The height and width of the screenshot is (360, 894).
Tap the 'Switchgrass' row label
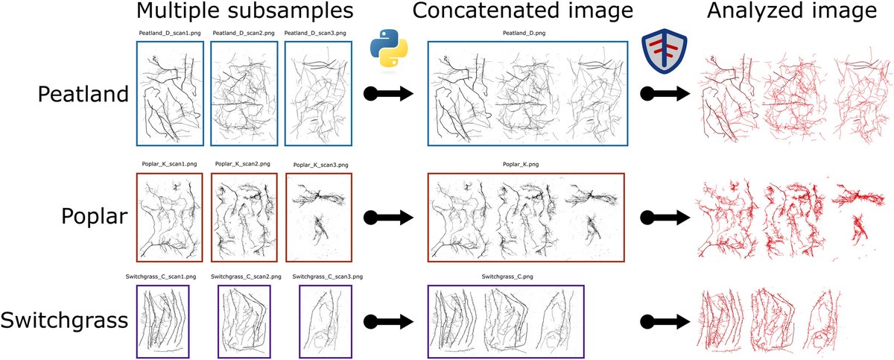pyautogui.click(x=63, y=320)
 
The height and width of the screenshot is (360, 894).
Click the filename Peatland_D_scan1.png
pyautogui.click(x=169, y=34)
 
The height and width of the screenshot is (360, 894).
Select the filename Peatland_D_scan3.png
pyautogui.click(x=316, y=34)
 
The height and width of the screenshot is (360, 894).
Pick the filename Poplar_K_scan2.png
pyautogui.click(x=244, y=164)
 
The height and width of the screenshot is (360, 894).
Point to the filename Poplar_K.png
pyautogui.click(x=526, y=164)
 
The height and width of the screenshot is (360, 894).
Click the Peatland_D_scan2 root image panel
pyautogui.click(x=244, y=92)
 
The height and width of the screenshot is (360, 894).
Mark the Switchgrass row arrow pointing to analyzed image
pyautogui.click(x=665, y=320)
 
